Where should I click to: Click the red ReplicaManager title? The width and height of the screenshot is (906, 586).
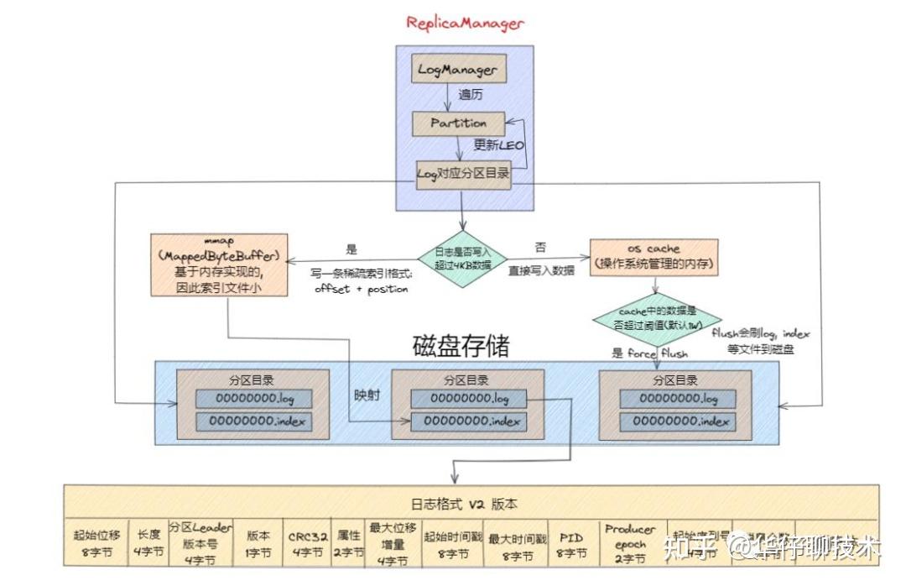coord(464,23)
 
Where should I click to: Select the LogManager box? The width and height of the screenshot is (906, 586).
coord(457,71)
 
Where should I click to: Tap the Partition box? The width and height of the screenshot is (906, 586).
coord(458,123)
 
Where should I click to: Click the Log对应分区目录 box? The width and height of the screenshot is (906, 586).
coord(463,175)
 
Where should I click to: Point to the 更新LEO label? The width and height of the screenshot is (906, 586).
coord(498,145)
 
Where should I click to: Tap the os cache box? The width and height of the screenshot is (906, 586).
coord(653,257)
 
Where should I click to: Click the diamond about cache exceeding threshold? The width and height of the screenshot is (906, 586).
coord(657,319)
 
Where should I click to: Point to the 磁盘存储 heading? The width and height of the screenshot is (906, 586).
coord(461,346)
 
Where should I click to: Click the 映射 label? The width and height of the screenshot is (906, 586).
coord(366,394)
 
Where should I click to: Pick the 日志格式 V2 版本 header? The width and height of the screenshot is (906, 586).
coord(463,505)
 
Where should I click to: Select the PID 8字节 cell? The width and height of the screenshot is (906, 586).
coord(571,544)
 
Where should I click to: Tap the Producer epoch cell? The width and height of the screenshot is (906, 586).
coord(629,543)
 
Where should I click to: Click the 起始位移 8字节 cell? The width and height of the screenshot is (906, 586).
coord(96,544)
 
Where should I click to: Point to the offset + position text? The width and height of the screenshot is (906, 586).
coord(361,289)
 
